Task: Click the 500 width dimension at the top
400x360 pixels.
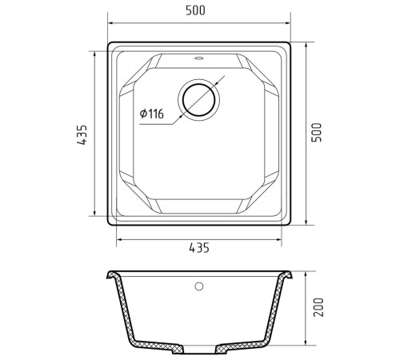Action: tap(195, 10)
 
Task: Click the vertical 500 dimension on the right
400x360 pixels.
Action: tap(317, 133)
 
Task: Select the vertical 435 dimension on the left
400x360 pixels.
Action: tap(82, 134)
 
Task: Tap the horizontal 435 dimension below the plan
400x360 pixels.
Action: tap(199, 248)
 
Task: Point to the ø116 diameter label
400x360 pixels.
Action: tap(151, 114)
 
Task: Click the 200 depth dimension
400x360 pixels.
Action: tap(318, 307)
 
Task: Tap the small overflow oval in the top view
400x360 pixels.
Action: tap(198, 58)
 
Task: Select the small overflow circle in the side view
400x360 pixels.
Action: tap(199, 286)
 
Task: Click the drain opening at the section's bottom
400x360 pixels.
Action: tap(199, 350)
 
